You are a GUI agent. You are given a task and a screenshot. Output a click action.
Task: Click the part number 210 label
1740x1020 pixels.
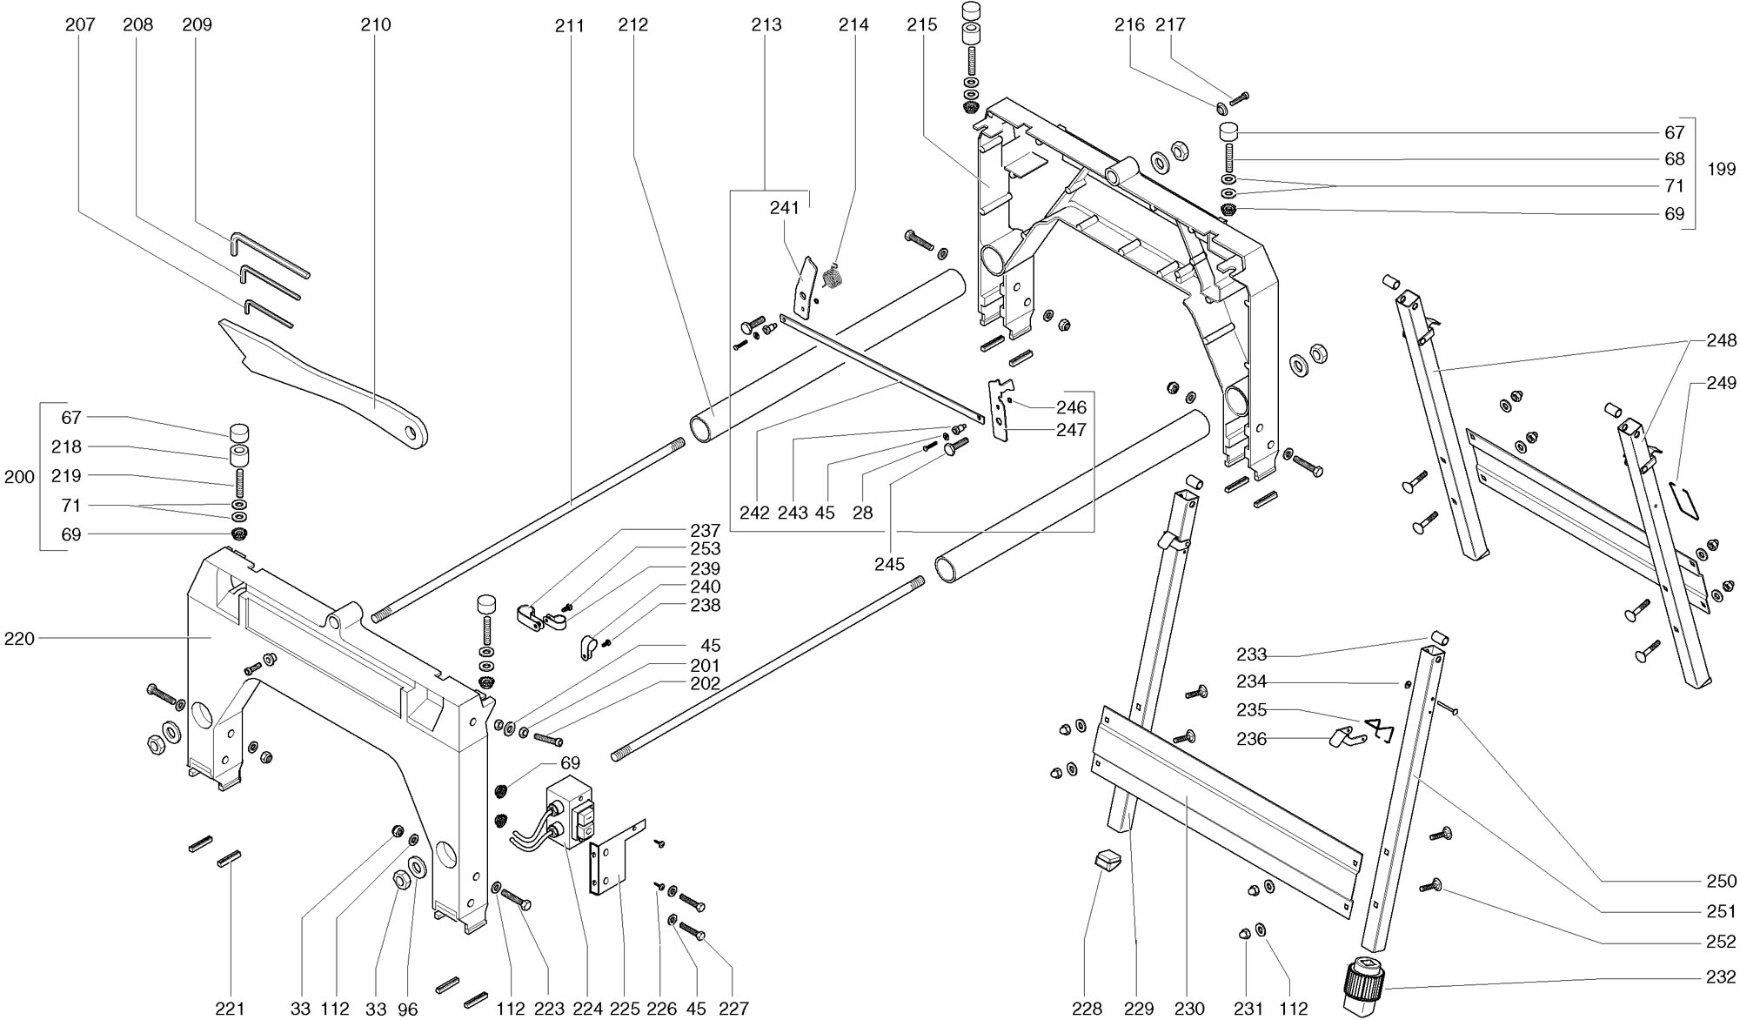(x=376, y=25)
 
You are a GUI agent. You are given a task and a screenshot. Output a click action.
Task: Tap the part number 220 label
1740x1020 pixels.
(x=19, y=639)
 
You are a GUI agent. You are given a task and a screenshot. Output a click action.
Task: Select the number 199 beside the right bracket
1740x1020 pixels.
(x=1721, y=170)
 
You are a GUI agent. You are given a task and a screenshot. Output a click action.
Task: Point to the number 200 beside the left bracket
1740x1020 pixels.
(x=19, y=477)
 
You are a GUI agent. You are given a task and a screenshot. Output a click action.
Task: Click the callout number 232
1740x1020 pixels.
(x=1721, y=976)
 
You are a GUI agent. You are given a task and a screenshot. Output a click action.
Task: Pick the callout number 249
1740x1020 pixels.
(x=1721, y=383)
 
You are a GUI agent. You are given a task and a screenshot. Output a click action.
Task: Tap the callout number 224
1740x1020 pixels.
(x=588, y=1009)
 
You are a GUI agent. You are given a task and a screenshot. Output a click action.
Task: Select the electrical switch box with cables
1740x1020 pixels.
(x=571, y=814)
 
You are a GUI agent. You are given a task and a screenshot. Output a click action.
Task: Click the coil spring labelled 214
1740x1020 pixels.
(x=833, y=278)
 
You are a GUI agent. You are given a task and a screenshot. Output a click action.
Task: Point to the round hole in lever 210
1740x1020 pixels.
(x=414, y=433)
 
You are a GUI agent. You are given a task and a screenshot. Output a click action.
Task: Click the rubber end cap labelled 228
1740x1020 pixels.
(x=1105, y=861)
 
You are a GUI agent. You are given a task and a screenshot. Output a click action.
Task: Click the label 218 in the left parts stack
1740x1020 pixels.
(x=66, y=447)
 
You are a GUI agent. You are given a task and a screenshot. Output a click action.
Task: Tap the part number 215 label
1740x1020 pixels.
(x=922, y=25)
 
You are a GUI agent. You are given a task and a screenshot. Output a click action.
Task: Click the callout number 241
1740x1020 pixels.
(x=784, y=208)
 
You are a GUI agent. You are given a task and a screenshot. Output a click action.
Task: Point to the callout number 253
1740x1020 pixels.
(x=705, y=549)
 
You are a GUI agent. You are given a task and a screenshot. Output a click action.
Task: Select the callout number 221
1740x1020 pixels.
(x=230, y=1009)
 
